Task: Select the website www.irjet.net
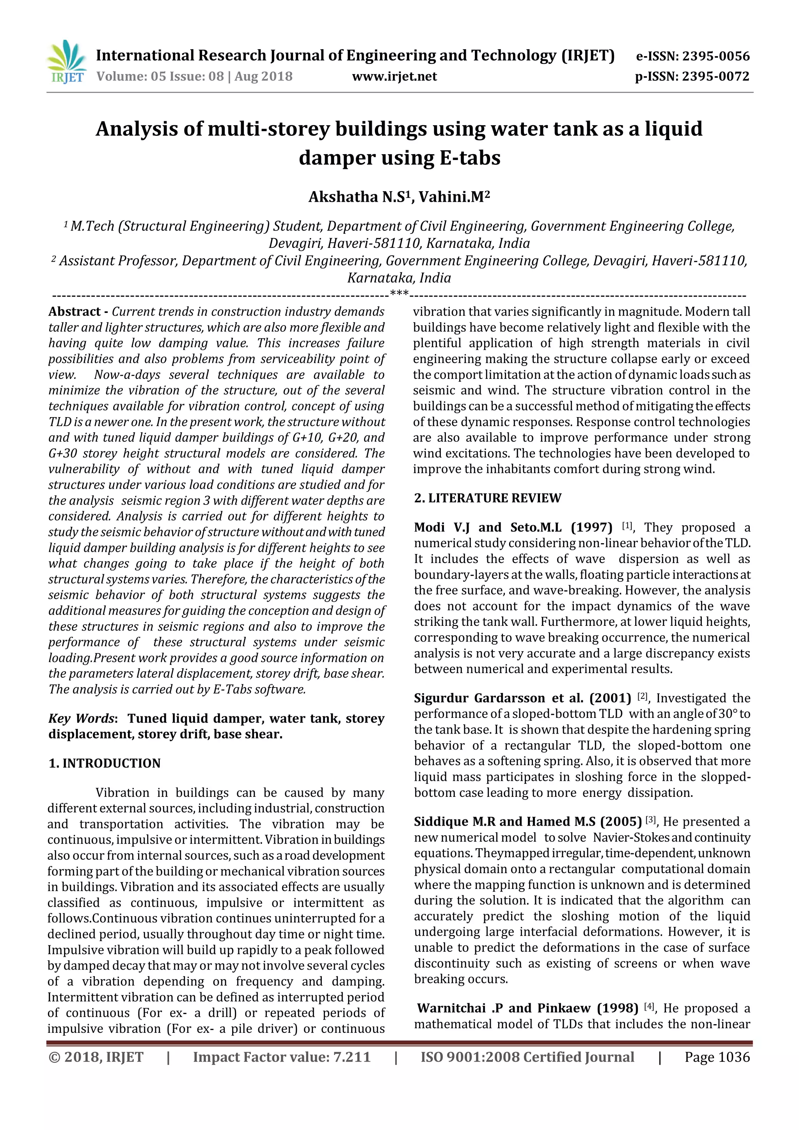click(x=394, y=76)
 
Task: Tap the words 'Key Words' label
click(x=81, y=719)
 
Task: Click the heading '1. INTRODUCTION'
click(x=104, y=763)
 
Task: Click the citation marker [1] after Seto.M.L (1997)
click(x=627, y=526)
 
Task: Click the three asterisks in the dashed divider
click(x=399, y=294)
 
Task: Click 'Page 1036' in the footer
click(x=717, y=1057)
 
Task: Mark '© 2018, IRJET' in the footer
click(x=96, y=1057)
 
